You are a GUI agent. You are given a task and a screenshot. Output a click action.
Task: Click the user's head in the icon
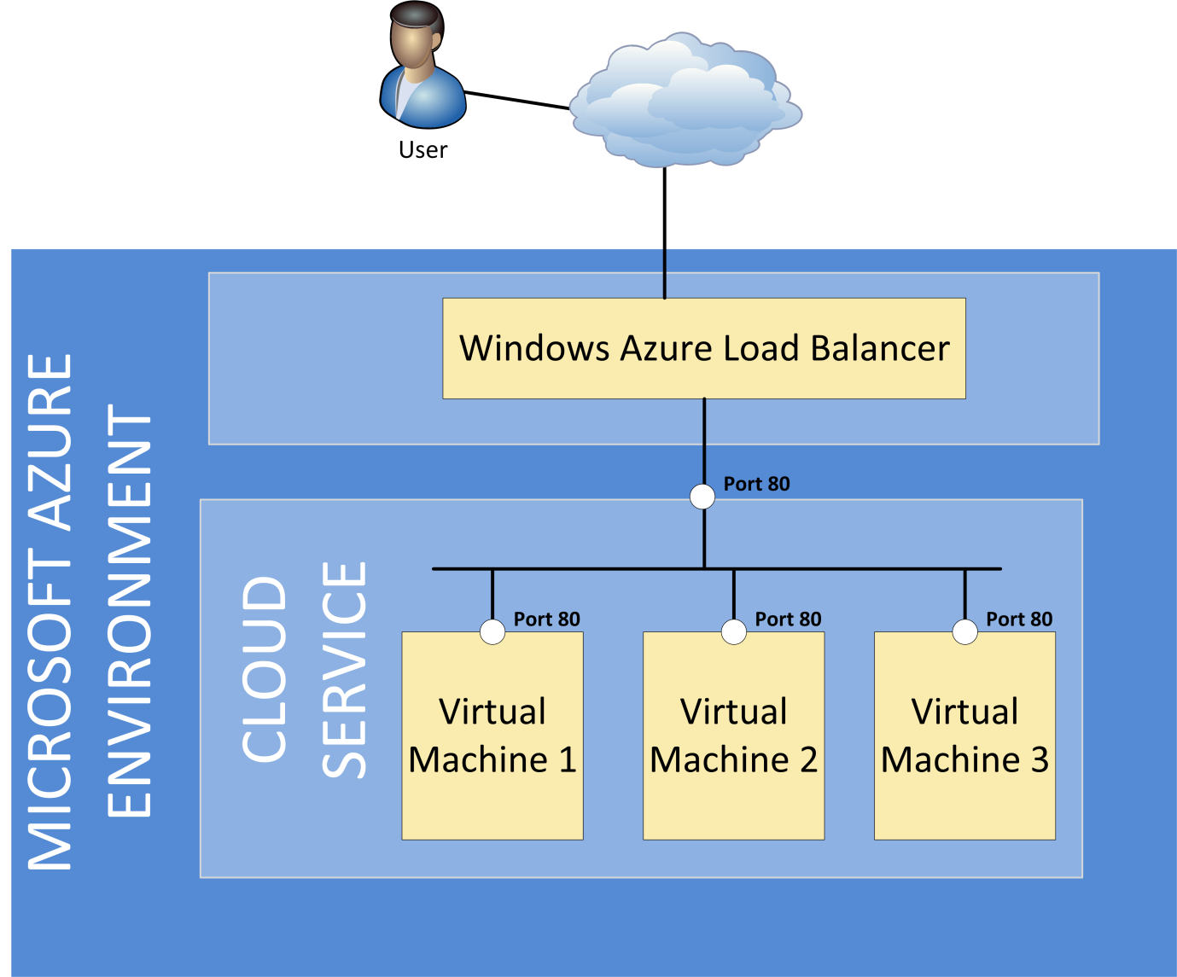coord(416,38)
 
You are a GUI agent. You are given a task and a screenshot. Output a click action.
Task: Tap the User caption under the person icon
coord(422,150)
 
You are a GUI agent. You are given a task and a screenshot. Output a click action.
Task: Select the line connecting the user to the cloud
coord(516,101)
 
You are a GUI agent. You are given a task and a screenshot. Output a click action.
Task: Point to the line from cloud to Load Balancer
coord(665,230)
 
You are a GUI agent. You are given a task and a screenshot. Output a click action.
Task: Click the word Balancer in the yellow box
coord(879,348)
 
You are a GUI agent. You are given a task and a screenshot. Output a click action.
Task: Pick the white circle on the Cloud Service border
coord(702,496)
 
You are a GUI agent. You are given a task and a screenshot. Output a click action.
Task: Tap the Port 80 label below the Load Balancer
coord(756,484)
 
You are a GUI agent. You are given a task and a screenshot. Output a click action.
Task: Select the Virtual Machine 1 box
coord(492,802)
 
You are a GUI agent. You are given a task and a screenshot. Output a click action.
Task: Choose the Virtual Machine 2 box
coord(733,802)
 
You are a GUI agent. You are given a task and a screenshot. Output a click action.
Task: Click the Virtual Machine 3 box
coord(964,802)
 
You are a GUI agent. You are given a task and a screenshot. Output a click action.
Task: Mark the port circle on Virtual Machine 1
coord(492,632)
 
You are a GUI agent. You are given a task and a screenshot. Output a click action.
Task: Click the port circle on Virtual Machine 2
coord(734,632)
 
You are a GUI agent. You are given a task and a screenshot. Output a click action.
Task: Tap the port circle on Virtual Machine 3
coord(965,632)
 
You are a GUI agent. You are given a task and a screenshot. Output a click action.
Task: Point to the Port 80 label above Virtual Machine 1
coord(546,619)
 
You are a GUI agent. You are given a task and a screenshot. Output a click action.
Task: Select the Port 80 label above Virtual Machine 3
coord(1019,619)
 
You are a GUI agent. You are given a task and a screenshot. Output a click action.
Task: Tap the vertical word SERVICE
coord(345,670)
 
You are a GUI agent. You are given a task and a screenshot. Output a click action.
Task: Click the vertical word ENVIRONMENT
coord(130,610)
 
